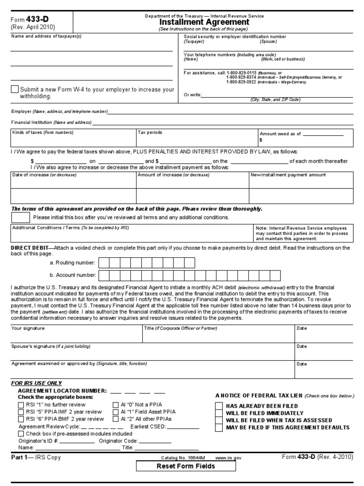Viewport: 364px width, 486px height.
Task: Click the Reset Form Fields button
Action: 186,466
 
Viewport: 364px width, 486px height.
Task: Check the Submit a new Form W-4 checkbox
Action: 15,89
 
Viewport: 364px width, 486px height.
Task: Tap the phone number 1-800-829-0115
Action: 242,72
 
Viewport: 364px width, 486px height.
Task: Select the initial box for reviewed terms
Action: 20,217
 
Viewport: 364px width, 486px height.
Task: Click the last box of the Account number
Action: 287,275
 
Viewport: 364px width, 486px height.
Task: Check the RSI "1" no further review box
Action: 21,405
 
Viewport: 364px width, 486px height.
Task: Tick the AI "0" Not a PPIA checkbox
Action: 116,405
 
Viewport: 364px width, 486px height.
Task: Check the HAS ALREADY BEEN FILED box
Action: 218,406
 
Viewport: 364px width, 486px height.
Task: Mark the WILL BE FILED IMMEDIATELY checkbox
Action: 218,413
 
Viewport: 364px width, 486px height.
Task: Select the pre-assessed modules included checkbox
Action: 21,433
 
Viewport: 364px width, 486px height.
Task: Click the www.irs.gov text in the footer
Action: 228,458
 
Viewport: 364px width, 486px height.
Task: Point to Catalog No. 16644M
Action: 183,458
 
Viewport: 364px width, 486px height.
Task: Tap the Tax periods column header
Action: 150,132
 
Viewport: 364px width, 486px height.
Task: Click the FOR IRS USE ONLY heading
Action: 36,383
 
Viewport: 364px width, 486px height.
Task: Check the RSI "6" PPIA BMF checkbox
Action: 21,419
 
